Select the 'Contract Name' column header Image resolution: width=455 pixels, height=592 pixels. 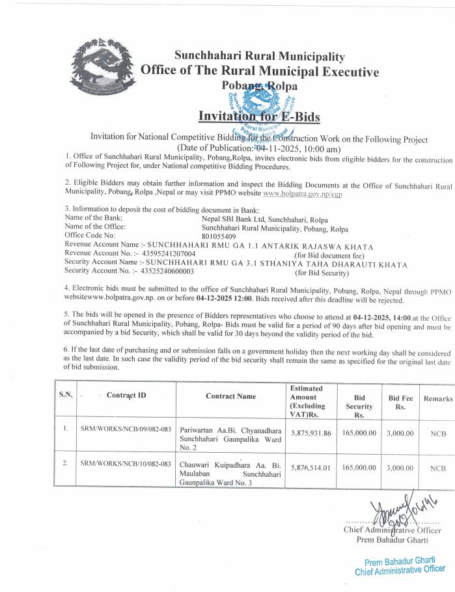click(230, 396)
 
